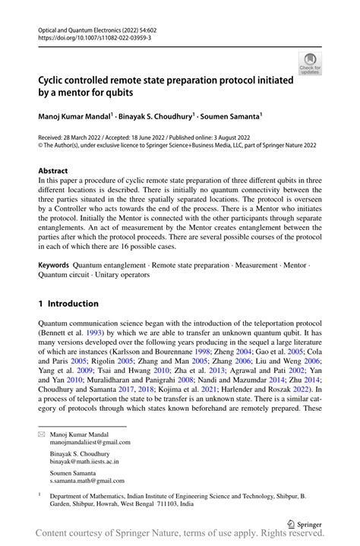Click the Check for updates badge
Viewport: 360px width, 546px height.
point(310,63)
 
